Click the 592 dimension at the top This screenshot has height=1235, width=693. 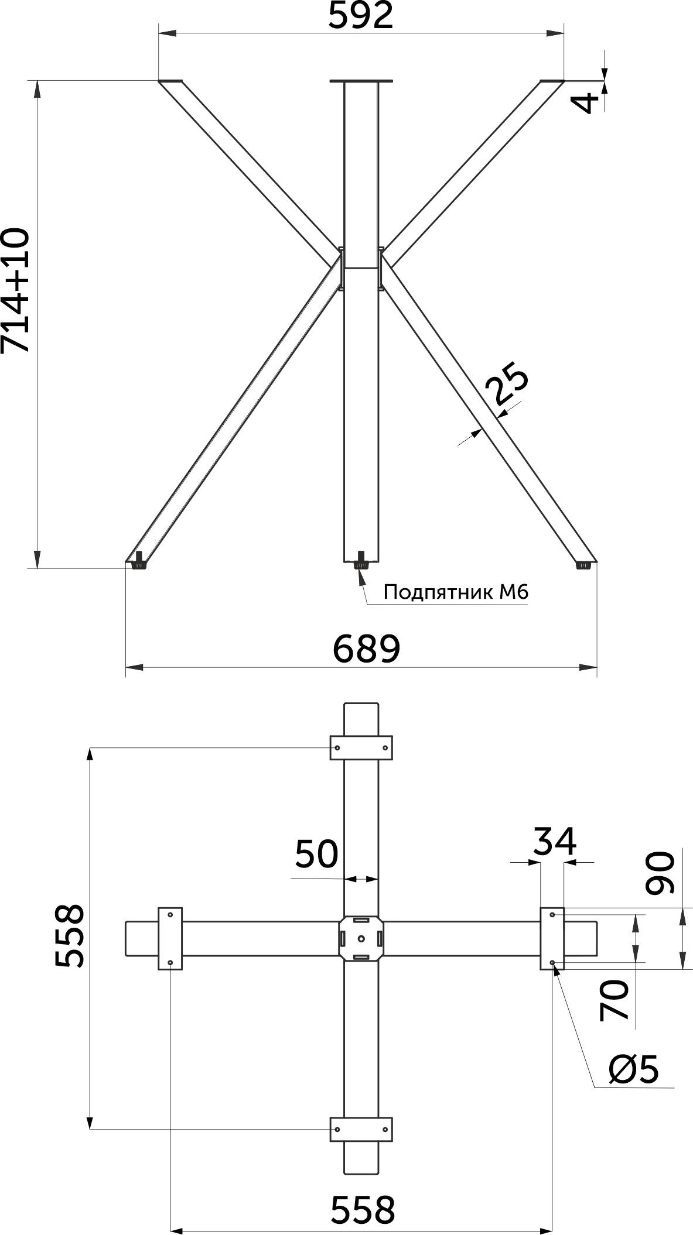coord(360,16)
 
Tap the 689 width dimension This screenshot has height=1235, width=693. coord(367,649)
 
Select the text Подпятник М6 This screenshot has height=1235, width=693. coord(456,592)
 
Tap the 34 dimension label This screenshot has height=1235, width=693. coord(555,841)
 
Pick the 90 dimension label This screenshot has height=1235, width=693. coord(660,873)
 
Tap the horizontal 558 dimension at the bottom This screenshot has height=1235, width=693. coord(364,1207)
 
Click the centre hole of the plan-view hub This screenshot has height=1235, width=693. coord(361,939)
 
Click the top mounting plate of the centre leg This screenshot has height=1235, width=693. coord(361,81)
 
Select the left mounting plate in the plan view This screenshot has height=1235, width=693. coord(170,939)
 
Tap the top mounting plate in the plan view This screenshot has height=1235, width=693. coord(361,747)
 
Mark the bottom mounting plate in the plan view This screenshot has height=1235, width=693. coord(361,1129)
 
